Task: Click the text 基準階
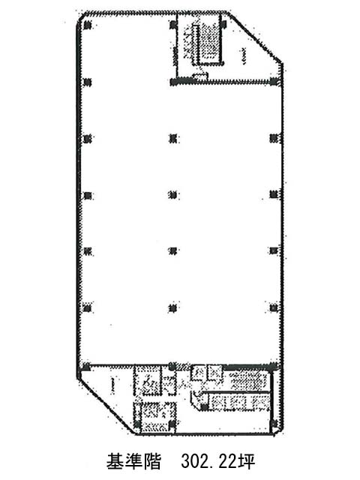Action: click(x=133, y=462)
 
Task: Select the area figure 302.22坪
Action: click(x=218, y=462)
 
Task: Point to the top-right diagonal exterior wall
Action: click(x=255, y=37)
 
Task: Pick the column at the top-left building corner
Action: click(x=88, y=25)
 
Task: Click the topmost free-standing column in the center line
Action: click(x=173, y=139)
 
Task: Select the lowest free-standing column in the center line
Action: click(x=173, y=307)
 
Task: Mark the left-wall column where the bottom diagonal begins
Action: click(x=87, y=366)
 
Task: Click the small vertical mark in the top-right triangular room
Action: click(x=243, y=56)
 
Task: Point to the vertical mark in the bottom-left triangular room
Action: click(x=113, y=385)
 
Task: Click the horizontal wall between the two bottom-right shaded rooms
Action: click(x=236, y=391)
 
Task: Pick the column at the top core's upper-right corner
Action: click(x=223, y=24)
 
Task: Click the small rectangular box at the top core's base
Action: click(x=200, y=76)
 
